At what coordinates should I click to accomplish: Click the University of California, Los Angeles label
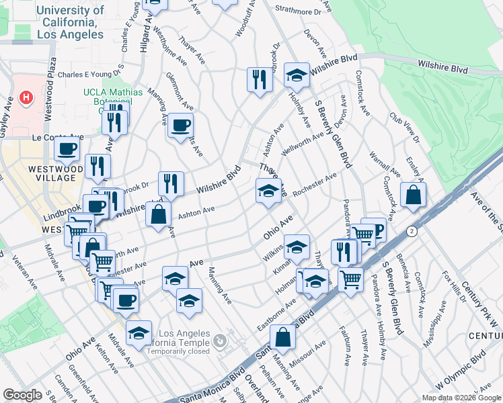(71, 22)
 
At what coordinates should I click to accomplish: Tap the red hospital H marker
(27, 98)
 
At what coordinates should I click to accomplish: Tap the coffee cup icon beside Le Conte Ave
(67, 148)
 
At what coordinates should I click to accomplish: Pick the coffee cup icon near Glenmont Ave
(180, 125)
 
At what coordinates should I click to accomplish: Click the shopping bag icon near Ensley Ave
(414, 195)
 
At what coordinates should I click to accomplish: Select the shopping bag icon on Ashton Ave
(158, 216)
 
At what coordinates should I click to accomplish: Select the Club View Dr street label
(403, 126)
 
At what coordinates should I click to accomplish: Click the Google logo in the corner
(22, 395)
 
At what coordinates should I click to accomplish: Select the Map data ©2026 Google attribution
(461, 398)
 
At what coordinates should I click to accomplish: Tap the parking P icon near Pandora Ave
(378, 230)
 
